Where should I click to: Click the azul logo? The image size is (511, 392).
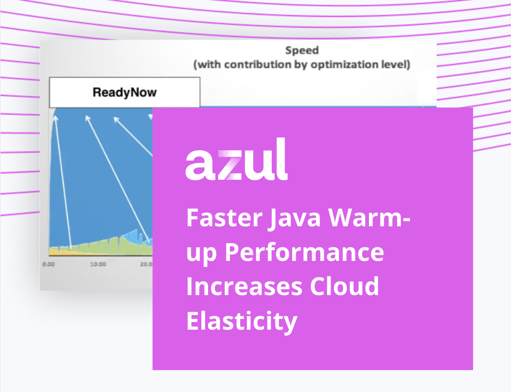pos(237,159)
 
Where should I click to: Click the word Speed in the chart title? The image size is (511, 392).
pos(302,50)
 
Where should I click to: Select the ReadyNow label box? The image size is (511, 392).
pos(125,92)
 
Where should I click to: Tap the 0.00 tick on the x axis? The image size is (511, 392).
pos(49,264)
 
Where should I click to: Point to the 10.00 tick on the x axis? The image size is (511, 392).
pos(98,264)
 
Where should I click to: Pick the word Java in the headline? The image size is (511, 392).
pos(296,218)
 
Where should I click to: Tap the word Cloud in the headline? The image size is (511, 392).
pos(345,286)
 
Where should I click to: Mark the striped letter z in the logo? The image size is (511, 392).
pos(230,165)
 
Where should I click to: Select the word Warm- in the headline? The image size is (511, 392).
pos(369,217)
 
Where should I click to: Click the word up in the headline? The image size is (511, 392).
pos(202,254)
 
